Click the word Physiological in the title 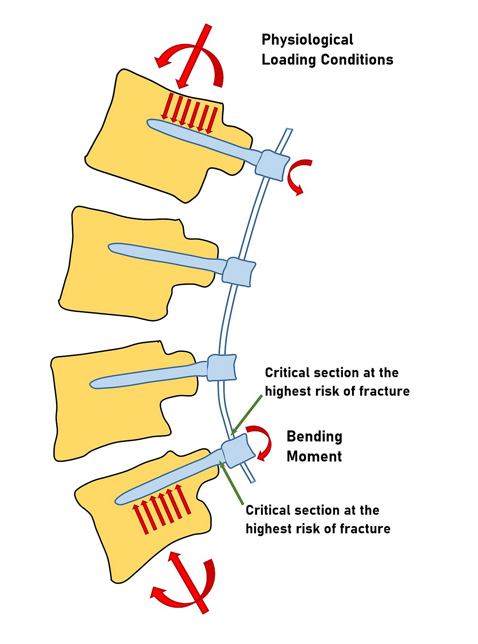tap(307, 40)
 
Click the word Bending tap(314, 436)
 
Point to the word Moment tap(314, 456)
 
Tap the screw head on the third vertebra tap(222, 368)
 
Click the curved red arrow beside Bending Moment tap(265, 441)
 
